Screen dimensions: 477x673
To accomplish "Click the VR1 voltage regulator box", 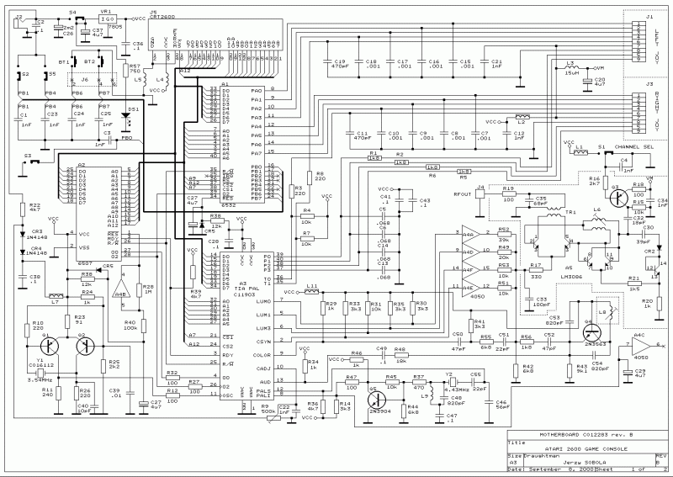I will (107, 19).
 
